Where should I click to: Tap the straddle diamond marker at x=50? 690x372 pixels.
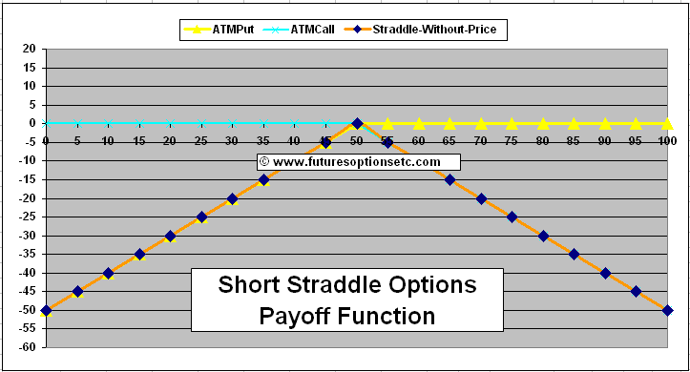tap(357, 123)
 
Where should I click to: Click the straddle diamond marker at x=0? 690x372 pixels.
tap(47, 310)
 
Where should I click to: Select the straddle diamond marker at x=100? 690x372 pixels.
tap(668, 310)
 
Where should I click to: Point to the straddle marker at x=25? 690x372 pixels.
tap(201, 217)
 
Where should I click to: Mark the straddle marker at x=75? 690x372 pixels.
tap(512, 217)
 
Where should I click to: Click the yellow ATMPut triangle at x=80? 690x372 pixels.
tap(543, 123)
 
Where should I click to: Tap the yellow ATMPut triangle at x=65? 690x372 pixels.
tap(450, 123)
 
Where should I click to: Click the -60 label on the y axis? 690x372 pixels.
tap(28, 347)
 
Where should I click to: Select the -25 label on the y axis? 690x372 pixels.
tap(28, 217)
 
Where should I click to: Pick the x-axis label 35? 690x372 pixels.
tap(263, 140)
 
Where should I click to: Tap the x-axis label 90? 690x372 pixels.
tap(605, 140)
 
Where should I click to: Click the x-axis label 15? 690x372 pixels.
tap(139, 140)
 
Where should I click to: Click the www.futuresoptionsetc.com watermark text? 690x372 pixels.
tap(356, 162)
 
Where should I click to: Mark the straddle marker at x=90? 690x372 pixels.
tap(605, 273)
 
